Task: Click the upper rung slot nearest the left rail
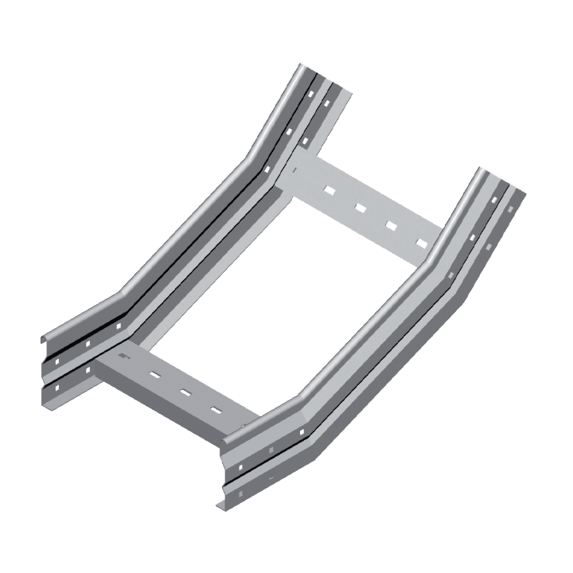pyautogui.click(x=325, y=190)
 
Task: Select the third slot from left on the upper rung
pyautogui.click(x=391, y=225)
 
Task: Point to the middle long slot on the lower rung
pyautogui.click(x=184, y=392)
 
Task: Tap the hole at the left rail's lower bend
pyautogui.click(x=118, y=326)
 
